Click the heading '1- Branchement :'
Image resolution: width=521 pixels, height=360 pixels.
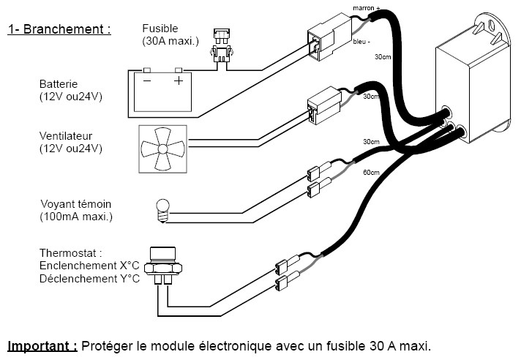point(59,30)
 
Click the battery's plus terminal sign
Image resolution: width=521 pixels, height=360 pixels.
point(178,80)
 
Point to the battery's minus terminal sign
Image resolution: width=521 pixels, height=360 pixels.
point(146,80)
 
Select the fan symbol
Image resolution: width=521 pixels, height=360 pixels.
point(162,149)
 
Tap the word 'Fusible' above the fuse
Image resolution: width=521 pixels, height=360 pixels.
point(160,29)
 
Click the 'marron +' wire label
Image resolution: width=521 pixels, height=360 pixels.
point(367,8)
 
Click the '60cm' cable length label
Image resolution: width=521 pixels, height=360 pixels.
point(372,173)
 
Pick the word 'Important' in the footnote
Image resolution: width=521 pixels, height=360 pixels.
point(42,345)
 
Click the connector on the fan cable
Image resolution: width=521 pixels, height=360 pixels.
point(322,107)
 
